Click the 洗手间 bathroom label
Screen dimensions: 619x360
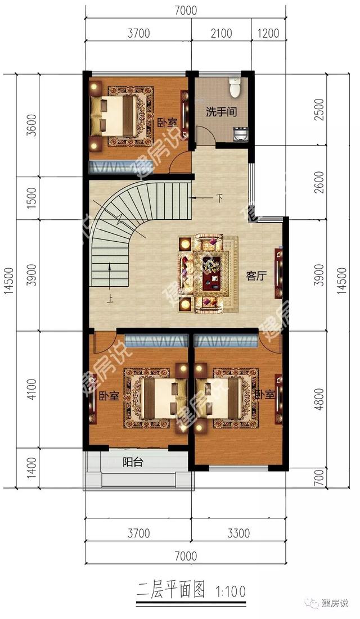[x=220, y=112]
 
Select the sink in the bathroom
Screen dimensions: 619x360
[x=240, y=133]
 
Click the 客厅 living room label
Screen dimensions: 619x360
[x=256, y=275]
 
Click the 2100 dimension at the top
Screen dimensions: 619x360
[x=221, y=33]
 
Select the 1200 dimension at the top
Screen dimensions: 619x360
[x=268, y=33]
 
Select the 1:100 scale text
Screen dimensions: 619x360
[x=231, y=592]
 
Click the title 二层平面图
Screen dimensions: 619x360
[x=171, y=591]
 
